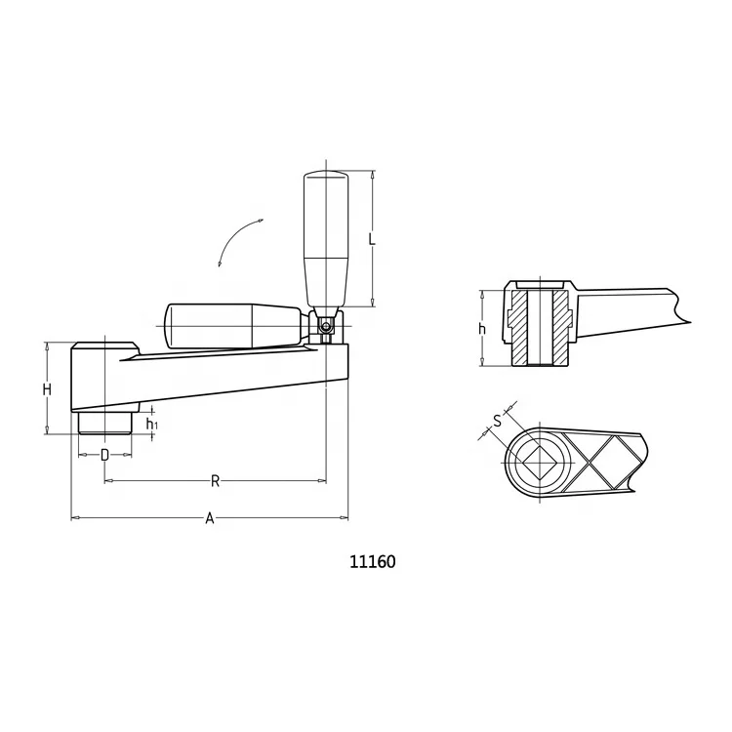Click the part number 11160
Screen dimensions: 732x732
coord(372,562)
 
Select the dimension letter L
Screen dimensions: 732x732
coord(372,239)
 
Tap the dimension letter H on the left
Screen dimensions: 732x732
coord(47,389)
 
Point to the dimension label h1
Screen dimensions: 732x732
coord(151,424)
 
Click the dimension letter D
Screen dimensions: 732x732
coord(104,455)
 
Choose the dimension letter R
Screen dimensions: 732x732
coord(215,480)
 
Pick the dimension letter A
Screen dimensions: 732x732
coord(209,518)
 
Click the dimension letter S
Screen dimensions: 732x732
coord(497,421)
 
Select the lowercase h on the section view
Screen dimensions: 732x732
coord(482,329)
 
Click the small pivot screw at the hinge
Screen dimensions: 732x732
coord(326,327)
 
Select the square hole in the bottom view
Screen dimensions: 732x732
coord(539,461)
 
